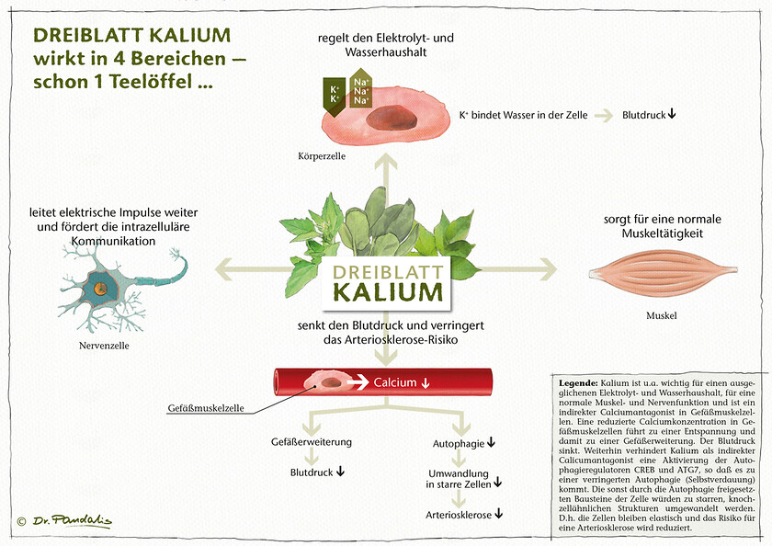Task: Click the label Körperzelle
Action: pos(322,156)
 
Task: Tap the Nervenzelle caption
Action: pos(104,346)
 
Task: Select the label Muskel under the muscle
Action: pos(662,316)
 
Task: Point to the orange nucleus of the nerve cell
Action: pos(99,288)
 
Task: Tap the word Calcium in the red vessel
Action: pos(395,382)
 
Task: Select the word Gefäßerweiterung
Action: pos(312,442)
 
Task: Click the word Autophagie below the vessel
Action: pos(458,443)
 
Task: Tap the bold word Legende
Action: pos(576,381)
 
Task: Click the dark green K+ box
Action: pos(334,93)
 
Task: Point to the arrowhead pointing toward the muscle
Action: pos(549,269)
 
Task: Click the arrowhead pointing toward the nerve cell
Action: pos(223,269)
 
